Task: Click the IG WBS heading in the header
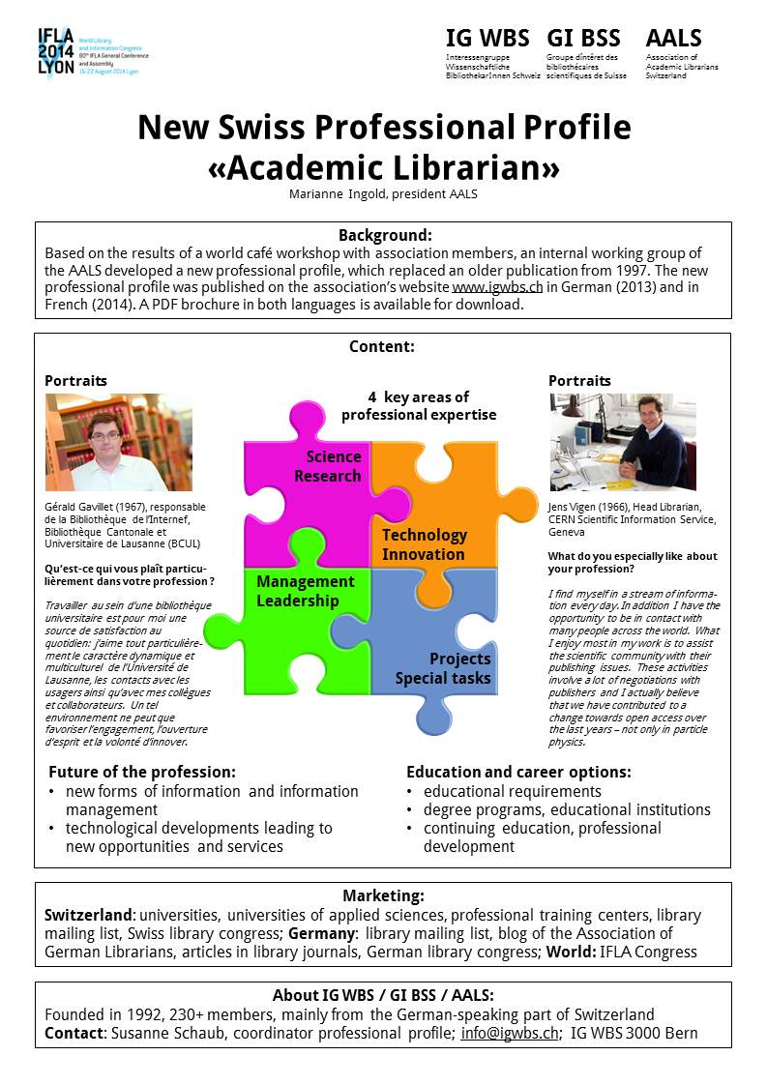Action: pos(487,39)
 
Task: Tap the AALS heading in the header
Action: pos(674,39)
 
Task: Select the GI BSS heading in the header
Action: pos(583,39)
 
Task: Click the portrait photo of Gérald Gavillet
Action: pos(119,442)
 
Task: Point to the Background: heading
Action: pos(384,236)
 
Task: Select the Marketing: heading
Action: pos(383,896)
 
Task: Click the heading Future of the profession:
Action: pos(141,773)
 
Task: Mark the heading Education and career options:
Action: pos(518,773)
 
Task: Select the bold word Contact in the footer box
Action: pos(75,1034)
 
